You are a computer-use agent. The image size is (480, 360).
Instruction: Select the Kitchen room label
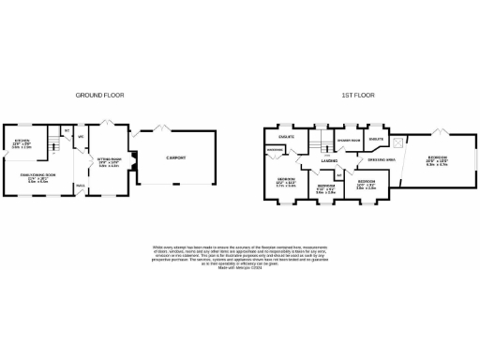coord(22,143)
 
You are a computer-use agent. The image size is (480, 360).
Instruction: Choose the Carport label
coord(175,157)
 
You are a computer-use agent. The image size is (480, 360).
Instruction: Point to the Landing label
coord(329,161)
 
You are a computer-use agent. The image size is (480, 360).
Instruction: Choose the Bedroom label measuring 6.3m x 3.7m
coord(437,158)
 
